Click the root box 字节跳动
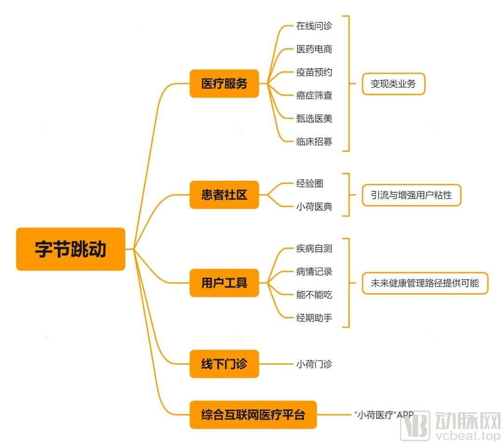[70, 249]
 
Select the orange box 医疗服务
[224, 84]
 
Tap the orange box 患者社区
[224, 195]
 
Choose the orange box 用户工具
[224, 283]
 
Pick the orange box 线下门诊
[224, 364]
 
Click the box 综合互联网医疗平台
[253, 415]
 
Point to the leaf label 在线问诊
[314, 26]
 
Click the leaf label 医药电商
[314, 49]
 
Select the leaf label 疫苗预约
[314, 72]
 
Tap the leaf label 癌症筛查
[314, 95]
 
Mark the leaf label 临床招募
[314, 141]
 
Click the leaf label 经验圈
[309, 183]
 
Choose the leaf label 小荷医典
[314, 206]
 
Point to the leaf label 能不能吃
[314, 295]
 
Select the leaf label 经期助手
[314, 318]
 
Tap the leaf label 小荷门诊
[314, 364]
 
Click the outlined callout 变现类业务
[393, 84]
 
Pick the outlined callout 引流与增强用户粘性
[412, 195]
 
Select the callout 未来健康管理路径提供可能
[425, 283]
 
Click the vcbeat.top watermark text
[468, 436]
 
